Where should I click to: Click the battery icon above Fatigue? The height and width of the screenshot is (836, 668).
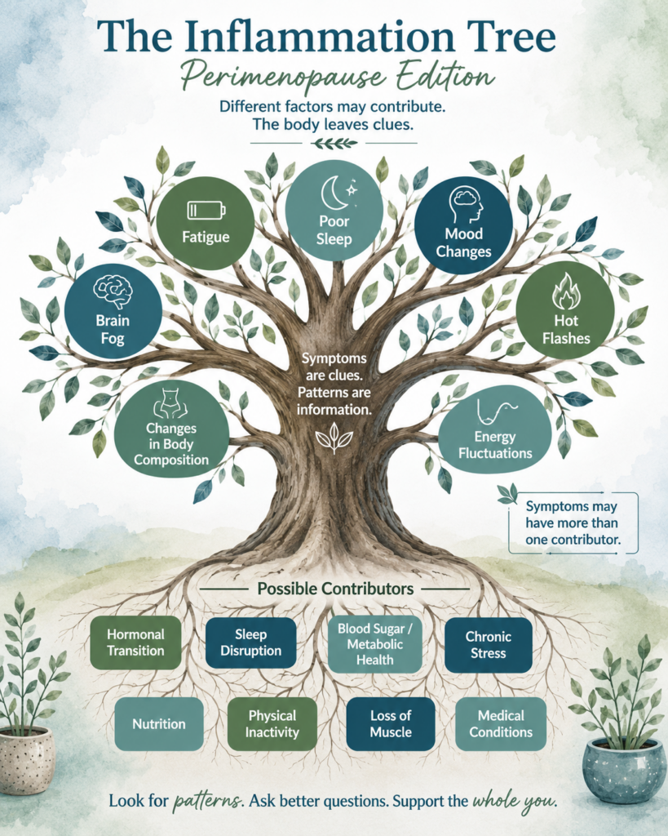tap(206, 210)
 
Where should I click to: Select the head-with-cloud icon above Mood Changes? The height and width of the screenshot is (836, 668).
tap(465, 205)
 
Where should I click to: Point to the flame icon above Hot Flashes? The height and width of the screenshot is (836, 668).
tap(565, 291)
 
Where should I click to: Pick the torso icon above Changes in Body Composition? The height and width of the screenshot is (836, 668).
tap(171, 404)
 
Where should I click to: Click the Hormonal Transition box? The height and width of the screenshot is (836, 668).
tap(135, 643)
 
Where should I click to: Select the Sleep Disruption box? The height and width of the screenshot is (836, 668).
tap(251, 643)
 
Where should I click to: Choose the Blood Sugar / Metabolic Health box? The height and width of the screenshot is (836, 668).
tap(374, 644)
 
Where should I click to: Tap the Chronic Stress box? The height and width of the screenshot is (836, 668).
tap(488, 645)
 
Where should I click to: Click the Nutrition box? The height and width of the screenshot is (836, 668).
tap(159, 723)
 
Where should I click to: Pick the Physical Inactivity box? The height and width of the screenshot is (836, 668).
tap(272, 723)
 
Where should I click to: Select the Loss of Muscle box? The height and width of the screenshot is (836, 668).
tap(391, 723)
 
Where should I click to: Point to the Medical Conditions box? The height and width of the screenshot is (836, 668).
tap(501, 723)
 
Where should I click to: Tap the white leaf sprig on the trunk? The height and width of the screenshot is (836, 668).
tap(334, 438)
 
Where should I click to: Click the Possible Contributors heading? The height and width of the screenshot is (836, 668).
tap(335, 589)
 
